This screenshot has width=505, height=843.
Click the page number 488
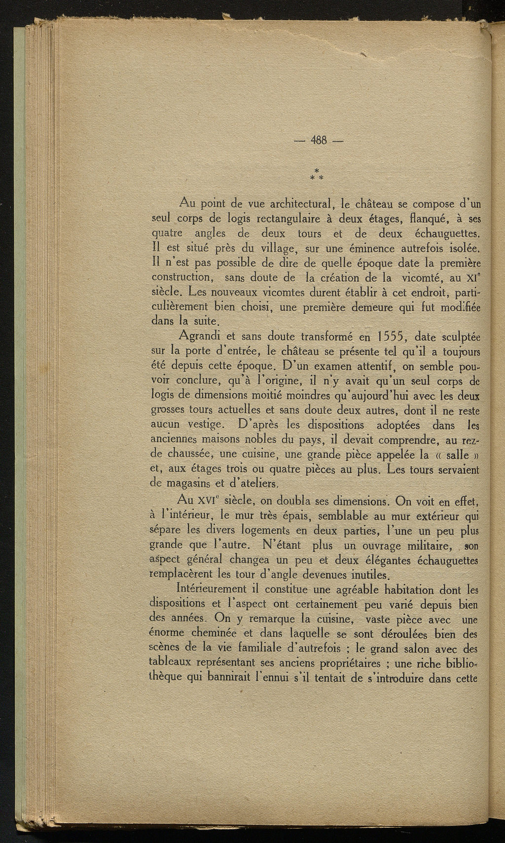[x=319, y=140]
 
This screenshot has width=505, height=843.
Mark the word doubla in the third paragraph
[x=293, y=501]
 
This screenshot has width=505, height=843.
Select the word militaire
[x=430, y=546]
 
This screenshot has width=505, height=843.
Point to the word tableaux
[x=170, y=662]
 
